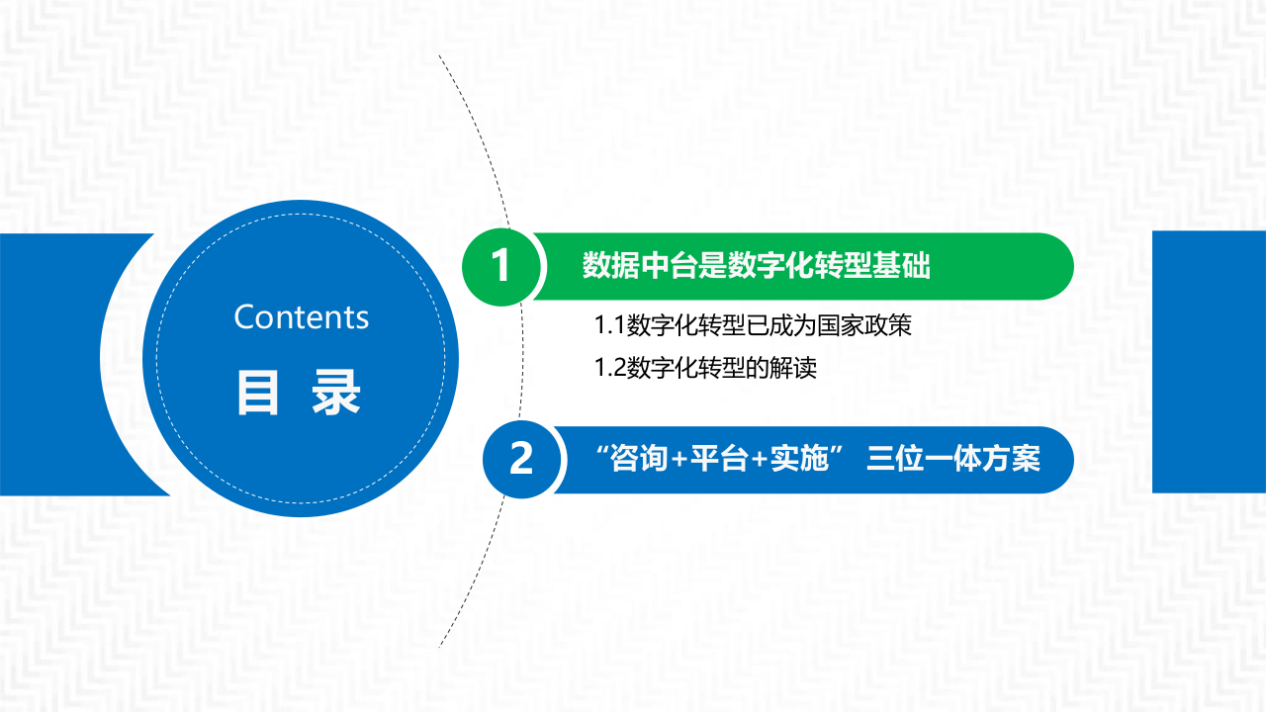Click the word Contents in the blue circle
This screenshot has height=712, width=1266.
coord(302,317)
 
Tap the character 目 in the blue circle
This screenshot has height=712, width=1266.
coord(258,393)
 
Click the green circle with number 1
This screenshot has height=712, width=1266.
coord(501,266)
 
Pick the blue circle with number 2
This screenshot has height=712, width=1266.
coord(521,460)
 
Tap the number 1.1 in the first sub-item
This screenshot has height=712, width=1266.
coord(610,325)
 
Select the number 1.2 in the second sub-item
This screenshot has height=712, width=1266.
coord(610,369)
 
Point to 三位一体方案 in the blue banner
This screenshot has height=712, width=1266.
coord(953,460)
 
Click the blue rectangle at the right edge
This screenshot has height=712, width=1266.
coord(1209,362)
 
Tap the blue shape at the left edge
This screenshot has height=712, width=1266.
coord(59,364)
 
